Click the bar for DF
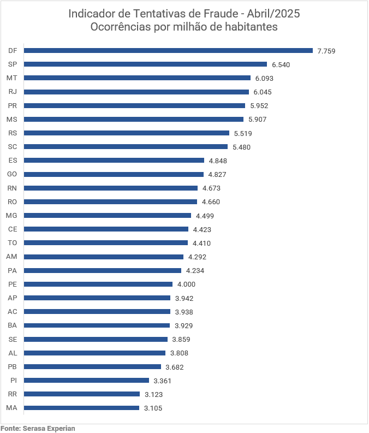[x=168, y=50]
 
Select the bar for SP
[x=145, y=64]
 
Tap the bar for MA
[x=81, y=408]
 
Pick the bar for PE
[x=98, y=284]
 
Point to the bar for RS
[x=127, y=133]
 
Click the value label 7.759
[x=326, y=51]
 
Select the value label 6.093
[x=264, y=78]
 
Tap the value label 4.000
[x=186, y=284]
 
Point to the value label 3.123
[x=153, y=394]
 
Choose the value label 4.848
[x=218, y=161]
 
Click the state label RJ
[x=13, y=92]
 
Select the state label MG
[x=12, y=215]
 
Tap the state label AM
[x=12, y=257]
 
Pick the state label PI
[x=14, y=380]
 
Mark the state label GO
[x=13, y=174]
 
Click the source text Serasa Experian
[x=49, y=429]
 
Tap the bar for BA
[x=97, y=325]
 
